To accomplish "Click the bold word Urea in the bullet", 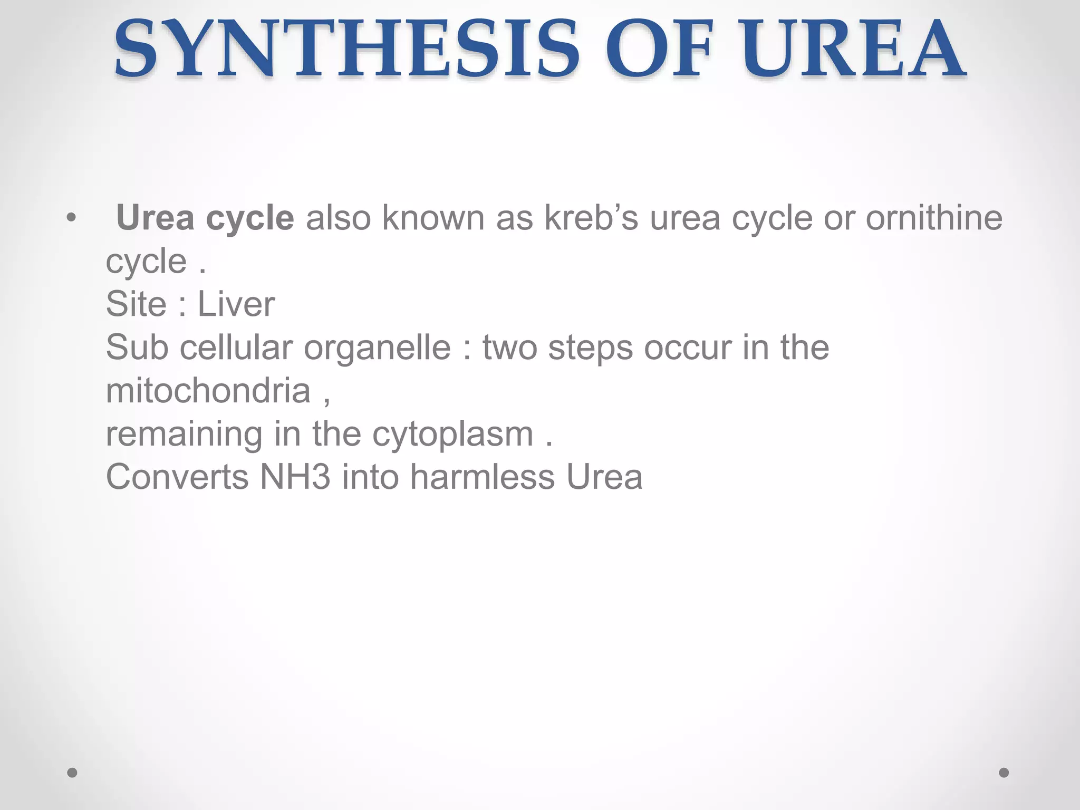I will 155,218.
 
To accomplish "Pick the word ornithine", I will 933,218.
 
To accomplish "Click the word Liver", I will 236,304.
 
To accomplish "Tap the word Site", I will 136,304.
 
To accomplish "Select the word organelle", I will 377,348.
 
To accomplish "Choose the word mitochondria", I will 208,391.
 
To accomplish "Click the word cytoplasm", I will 453,434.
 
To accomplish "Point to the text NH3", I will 295,477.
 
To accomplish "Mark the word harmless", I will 482,477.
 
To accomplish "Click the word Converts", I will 177,477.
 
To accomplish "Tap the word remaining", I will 184,434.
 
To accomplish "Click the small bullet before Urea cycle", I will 72,218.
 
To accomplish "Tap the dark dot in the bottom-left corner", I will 72,773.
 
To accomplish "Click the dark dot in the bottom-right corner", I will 1004,773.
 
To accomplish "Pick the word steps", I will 591,348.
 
